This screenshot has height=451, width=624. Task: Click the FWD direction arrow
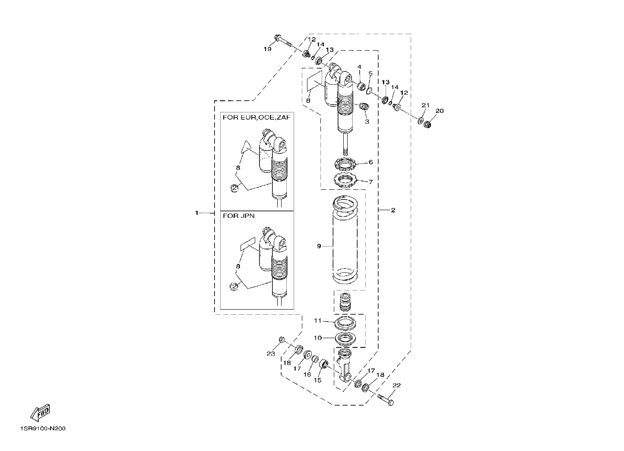pyautogui.click(x=40, y=413)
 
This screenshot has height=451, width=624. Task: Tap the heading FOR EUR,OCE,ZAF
pyautogui.click(x=256, y=118)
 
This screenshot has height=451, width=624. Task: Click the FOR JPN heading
pyautogui.click(x=238, y=216)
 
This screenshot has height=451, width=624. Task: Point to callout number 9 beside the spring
pyautogui.click(x=319, y=246)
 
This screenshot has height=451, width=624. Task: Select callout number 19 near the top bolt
pyautogui.click(x=267, y=49)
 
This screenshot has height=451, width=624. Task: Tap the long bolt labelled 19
pyautogui.click(x=282, y=41)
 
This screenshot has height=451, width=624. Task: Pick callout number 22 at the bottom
pyautogui.click(x=396, y=385)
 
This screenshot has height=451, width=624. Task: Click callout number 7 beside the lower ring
pyautogui.click(x=371, y=182)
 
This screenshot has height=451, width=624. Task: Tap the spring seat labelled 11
pyautogui.click(x=345, y=323)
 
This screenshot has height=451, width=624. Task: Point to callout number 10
pyautogui.click(x=317, y=338)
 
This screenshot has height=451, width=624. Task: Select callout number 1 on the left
pyautogui.click(x=196, y=213)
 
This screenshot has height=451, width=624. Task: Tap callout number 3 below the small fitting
pyautogui.click(x=367, y=122)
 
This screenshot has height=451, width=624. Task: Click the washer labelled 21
pyautogui.click(x=420, y=121)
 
